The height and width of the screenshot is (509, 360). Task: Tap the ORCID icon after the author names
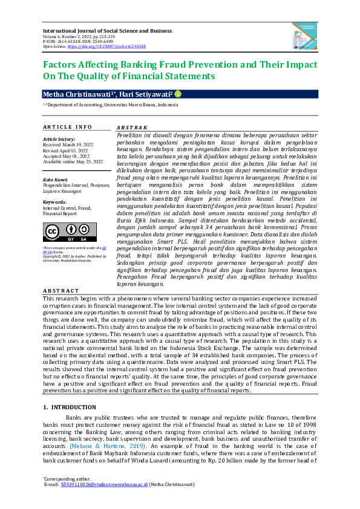178,94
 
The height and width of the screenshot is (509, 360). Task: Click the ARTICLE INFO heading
67,127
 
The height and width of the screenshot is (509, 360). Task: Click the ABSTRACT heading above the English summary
61,290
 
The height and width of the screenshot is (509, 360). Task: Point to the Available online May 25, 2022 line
71,161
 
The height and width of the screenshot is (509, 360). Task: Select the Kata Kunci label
56,180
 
